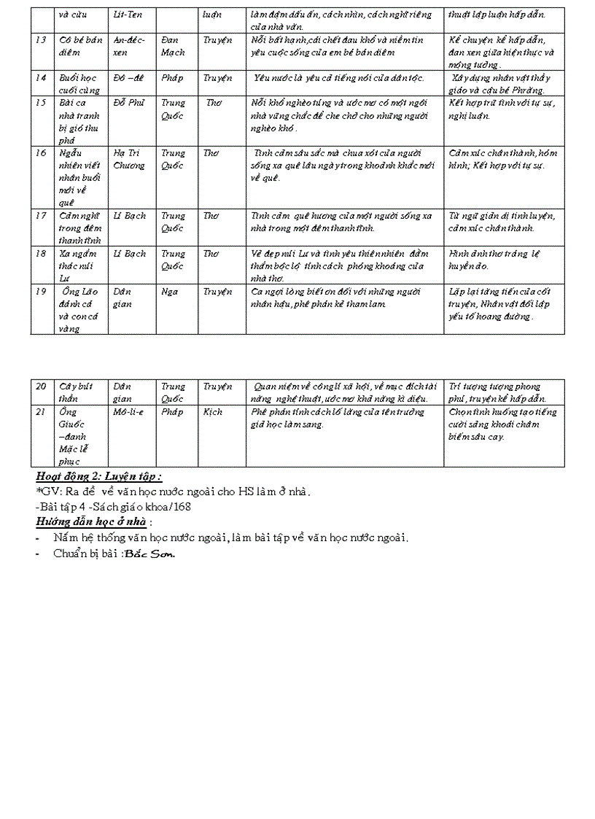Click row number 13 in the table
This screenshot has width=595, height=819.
tap(41, 39)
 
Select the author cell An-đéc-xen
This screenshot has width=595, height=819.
tap(129, 46)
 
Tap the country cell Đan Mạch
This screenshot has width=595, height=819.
tap(173, 46)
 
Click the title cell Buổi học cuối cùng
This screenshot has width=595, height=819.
tap(79, 84)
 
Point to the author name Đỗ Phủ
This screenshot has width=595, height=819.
tap(129, 103)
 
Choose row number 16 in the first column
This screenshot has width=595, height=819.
tap(41, 153)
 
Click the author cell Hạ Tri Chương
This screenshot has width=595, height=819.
tap(129, 159)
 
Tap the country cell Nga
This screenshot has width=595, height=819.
tap(169, 292)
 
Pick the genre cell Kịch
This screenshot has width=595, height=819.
tap(213, 412)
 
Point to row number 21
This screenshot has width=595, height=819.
tap(41, 412)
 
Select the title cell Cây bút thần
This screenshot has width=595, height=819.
tap(74, 392)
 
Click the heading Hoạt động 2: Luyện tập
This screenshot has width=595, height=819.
tap(98, 476)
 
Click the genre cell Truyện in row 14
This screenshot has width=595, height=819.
tap(217, 78)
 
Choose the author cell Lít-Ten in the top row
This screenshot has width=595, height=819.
tap(128, 15)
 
